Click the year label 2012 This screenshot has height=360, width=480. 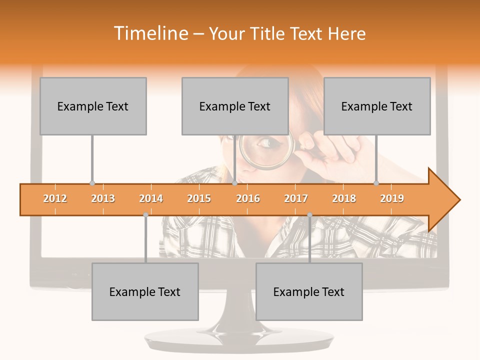[x=55, y=198]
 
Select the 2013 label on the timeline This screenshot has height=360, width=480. [x=103, y=198]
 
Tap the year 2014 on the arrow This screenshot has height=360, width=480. [x=151, y=198]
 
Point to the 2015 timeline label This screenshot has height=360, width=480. [x=199, y=198]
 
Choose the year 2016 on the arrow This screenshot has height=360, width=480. [x=248, y=198]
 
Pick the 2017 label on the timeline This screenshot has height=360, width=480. [x=296, y=198]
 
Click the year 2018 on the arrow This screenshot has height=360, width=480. [x=344, y=198]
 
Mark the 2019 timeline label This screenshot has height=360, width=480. [x=392, y=198]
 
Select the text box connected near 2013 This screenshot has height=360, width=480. [x=93, y=106]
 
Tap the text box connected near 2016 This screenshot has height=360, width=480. [x=235, y=106]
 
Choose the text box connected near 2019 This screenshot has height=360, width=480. [x=377, y=106]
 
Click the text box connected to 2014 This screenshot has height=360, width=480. [x=145, y=291]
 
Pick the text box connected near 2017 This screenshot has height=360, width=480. [x=309, y=291]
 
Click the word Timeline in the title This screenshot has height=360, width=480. [x=150, y=33]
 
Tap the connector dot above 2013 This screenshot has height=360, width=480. [x=92, y=183]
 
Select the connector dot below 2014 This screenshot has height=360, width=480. [x=145, y=214]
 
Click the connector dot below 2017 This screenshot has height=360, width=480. [x=309, y=214]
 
